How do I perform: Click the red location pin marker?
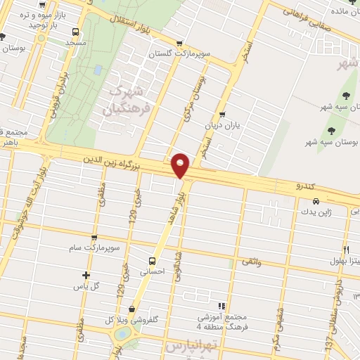pos(181,165)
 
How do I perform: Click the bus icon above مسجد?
pos(75,32)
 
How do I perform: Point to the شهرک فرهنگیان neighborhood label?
pos(127,100)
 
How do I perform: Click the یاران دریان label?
pos(222,125)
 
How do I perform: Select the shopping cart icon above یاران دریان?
pos(222,115)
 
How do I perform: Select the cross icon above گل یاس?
pos(86,276)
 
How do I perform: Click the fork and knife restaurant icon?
pos(347,251)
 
